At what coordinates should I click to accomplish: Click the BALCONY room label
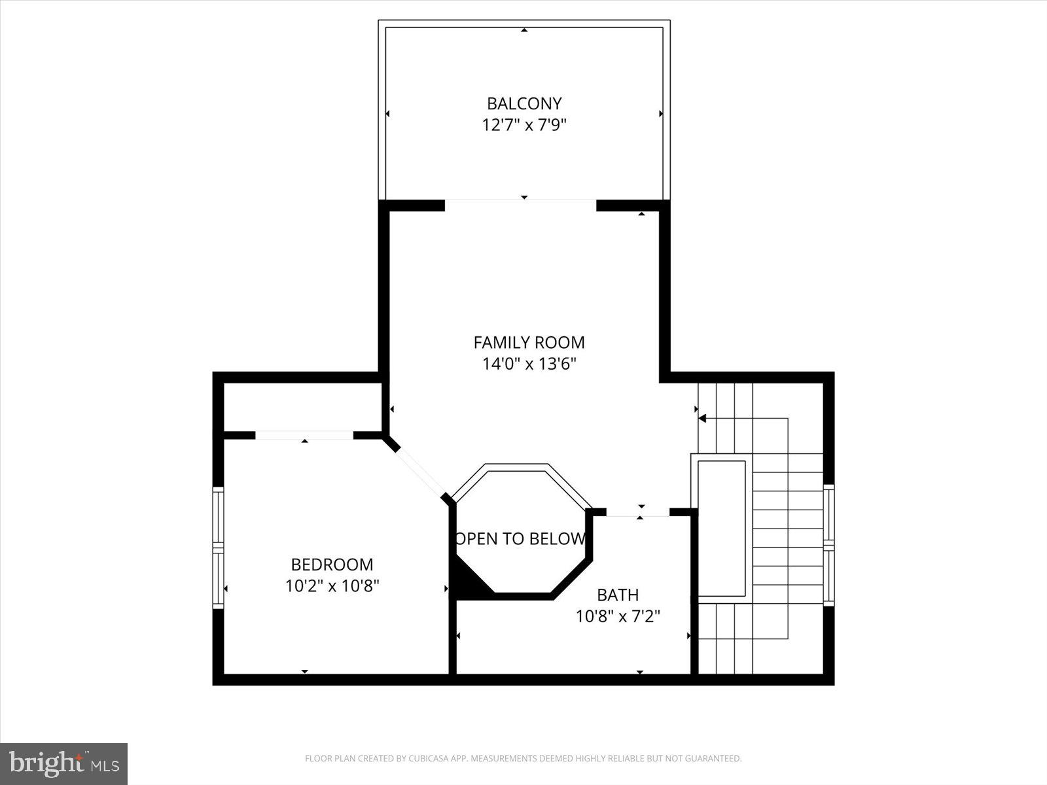point(524,103)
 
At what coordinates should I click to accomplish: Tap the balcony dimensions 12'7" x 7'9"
point(524,124)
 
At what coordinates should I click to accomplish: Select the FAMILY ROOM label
point(529,342)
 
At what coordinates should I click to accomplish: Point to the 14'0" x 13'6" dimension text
point(529,364)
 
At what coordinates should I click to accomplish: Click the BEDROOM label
point(332,564)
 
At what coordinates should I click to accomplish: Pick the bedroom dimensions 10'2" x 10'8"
point(332,585)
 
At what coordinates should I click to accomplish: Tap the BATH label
point(618,595)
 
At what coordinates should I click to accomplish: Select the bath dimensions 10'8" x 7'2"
point(618,616)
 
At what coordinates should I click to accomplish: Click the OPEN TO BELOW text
point(521,539)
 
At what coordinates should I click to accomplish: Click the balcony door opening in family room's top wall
point(521,201)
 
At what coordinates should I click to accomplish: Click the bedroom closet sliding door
point(304,435)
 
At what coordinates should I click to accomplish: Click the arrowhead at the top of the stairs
point(702,418)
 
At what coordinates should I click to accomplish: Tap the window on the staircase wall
point(828,544)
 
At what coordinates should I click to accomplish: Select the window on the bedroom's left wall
point(218,548)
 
